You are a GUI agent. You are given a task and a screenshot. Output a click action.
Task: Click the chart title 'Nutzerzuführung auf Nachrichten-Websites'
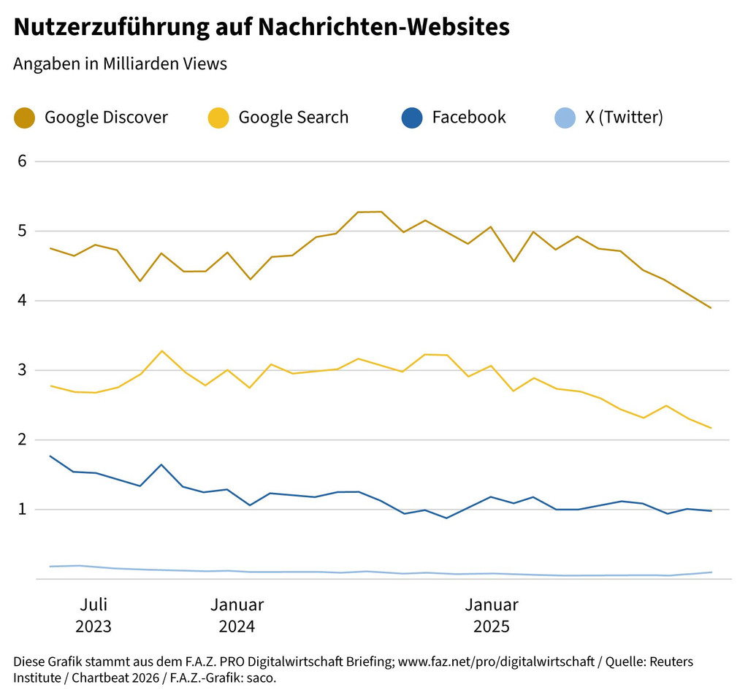click(x=262, y=27)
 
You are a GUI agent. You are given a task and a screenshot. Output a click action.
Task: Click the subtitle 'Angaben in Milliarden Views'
click(x=120, y=64)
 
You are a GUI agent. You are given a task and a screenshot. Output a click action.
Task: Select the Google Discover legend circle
click(x=25, y=118)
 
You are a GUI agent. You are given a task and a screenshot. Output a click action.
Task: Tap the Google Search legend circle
click(x=218, y=118)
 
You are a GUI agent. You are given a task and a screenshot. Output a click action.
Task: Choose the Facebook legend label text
click(x=468, y=118)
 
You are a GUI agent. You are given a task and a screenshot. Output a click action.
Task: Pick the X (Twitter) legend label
click(x=624, y=118)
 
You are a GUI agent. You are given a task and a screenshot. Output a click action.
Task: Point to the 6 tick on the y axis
click(x=22, y=161)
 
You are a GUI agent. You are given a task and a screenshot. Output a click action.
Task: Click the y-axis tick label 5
click(x=22, y=231)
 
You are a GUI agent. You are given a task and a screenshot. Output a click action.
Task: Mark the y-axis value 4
click(x=22, y=300)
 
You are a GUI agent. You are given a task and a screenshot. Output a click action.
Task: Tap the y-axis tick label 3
click(x=22, y=370)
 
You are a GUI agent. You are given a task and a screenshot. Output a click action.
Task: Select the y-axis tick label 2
click(x=22, y=440)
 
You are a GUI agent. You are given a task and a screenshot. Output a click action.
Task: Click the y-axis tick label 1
click(x=22, y=509)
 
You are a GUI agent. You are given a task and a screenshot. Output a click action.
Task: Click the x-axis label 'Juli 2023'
click(x=93, y=615)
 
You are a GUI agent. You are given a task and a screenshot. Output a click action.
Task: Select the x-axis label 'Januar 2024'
click(x=237, y=615)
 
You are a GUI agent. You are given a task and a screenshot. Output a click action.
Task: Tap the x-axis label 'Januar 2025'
click(x=492, y=615)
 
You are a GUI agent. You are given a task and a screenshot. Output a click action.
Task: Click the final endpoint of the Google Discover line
click(x=711, y=307)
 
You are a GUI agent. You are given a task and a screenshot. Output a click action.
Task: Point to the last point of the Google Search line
click(x=711, y=428)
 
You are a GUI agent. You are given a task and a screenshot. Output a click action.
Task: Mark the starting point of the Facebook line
click(x=50, y=456)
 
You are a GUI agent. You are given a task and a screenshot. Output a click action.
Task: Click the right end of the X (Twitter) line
click(x=711, y=572)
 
